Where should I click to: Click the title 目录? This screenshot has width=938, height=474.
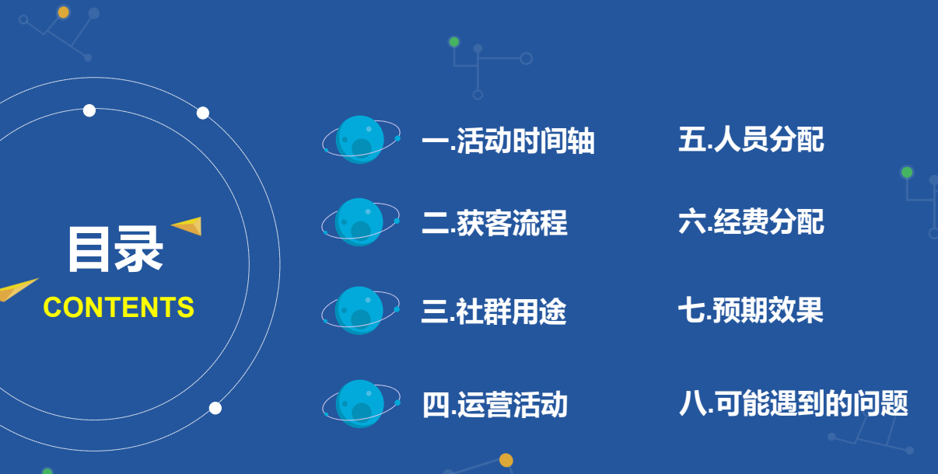point(115,249)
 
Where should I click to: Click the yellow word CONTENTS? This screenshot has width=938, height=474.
point(119,307)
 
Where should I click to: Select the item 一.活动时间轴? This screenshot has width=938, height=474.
point(508,141)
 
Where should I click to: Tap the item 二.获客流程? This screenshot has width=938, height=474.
point(495,224)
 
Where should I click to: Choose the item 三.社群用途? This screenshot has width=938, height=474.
point(494,312)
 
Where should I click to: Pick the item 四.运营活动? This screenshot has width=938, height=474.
point(495,405)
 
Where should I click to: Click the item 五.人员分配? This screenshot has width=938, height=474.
point(751,140)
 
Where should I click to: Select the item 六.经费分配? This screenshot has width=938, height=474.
point(751,223)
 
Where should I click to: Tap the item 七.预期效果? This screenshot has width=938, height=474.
point(751,311)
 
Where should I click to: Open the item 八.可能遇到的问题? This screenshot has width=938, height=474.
point(793,403)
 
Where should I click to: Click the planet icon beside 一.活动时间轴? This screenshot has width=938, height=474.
point(361,140)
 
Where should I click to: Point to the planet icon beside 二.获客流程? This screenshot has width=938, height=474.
point(360,222)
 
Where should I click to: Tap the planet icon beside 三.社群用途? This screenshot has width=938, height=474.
point(360,311)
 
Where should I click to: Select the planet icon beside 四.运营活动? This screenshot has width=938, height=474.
point(361,404)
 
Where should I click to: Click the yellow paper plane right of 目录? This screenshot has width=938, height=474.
point(187,225)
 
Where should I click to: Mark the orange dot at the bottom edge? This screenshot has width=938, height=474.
point(506,460)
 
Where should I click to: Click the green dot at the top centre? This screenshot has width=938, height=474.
point(454,41)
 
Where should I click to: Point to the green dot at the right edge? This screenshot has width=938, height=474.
point(907,172)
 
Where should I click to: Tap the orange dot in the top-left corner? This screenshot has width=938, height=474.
point(64,12)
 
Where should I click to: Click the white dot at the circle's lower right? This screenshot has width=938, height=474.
point(215,408)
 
